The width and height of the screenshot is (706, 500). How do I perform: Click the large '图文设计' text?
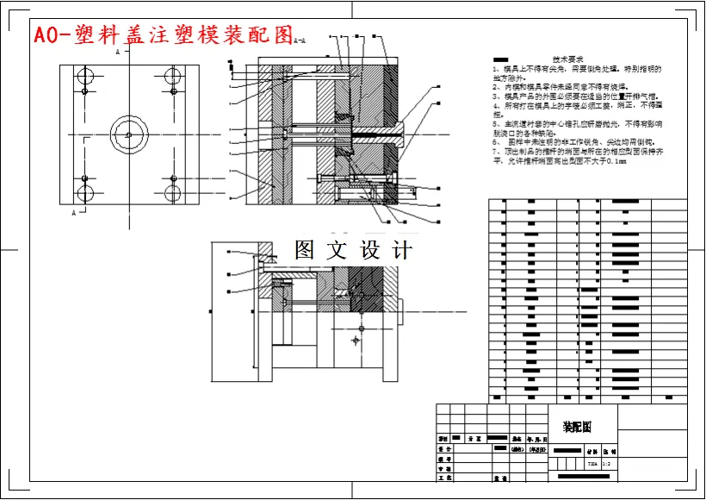click(x=353, y=251)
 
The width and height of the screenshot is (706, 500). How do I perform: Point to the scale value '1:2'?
click(x=605, y=464)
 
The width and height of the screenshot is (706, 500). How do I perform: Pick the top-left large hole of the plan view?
click(x=84, y=76)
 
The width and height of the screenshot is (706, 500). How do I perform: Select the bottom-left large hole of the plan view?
click(x=84, y=192)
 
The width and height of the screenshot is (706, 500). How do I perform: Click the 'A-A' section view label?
click(x=300, y=40)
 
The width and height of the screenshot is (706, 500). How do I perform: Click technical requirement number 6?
click(x=573, y=141)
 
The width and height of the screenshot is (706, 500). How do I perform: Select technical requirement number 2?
click(x=560, y=86)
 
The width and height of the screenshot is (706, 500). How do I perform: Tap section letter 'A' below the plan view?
click(x=74, y=211)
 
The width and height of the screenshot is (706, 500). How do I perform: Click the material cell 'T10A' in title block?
click(x=591, y=464)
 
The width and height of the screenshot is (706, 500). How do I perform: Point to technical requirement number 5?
click(x=577, y=124)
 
